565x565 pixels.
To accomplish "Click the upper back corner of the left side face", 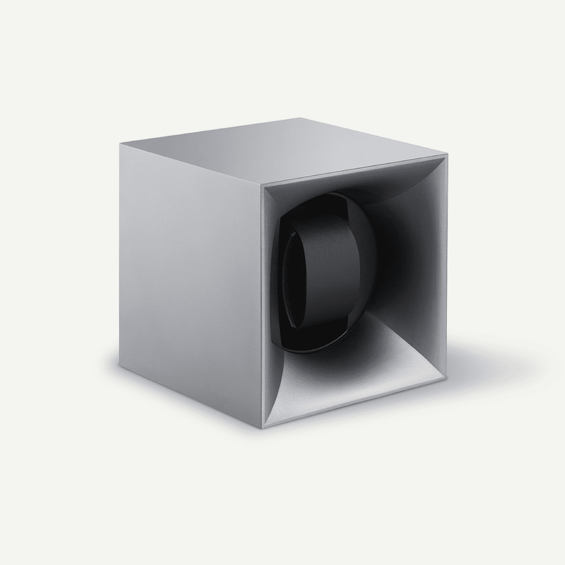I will point(120,144).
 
